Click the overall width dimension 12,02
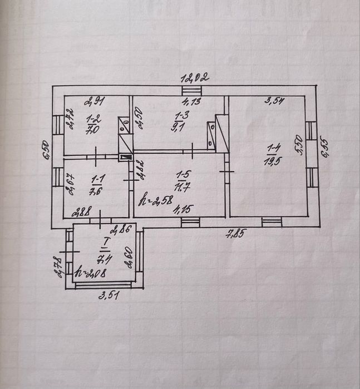[x=194, y=78]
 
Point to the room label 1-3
[x=181, y=115]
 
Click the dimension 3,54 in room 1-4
[x=275, y=101]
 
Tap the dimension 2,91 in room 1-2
[x=94, y=102]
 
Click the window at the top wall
[x=191, y=91]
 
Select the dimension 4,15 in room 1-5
[x=179, y=210]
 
